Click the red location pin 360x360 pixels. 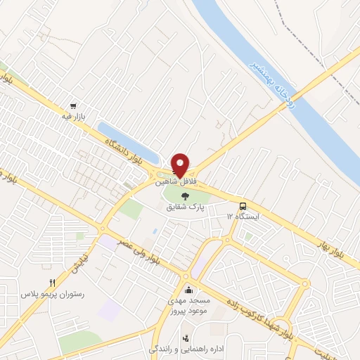(x=180, y=165)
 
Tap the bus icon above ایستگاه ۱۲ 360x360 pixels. (x=243, y=207)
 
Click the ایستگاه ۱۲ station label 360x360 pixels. (x=243, y=217)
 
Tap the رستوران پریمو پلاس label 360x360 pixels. (x=52, y=294)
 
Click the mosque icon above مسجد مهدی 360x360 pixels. (x=188, y=290)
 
